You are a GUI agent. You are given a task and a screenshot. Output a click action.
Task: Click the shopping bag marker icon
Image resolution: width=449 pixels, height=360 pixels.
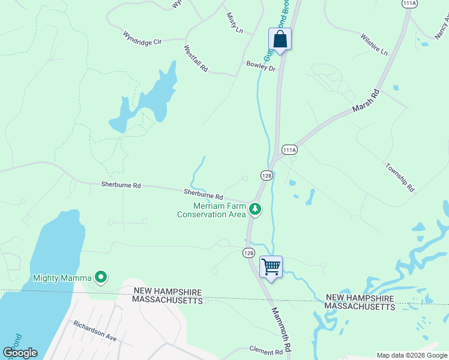280,40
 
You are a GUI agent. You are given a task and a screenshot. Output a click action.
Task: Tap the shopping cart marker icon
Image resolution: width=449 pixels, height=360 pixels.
271,266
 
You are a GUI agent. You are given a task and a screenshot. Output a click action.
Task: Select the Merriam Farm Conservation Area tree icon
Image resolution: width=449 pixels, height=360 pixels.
256,209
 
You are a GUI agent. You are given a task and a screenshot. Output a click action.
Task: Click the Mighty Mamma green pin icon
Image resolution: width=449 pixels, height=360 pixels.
101,277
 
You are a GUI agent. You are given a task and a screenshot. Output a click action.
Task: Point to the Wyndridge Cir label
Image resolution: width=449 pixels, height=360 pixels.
143,38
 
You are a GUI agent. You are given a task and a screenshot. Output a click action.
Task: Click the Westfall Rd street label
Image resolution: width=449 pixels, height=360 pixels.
196,59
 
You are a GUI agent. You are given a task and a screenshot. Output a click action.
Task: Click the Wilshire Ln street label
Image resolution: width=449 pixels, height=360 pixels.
375,44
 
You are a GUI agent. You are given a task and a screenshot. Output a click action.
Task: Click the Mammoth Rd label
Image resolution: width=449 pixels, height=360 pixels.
281,329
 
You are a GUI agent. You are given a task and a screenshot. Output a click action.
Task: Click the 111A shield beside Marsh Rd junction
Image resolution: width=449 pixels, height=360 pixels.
289,149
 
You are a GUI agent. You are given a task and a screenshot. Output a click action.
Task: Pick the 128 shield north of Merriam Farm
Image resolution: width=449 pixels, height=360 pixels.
267,175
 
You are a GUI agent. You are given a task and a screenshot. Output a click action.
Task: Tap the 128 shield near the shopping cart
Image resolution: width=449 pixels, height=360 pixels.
249,253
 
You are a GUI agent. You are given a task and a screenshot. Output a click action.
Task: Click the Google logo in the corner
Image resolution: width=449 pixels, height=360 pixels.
20,353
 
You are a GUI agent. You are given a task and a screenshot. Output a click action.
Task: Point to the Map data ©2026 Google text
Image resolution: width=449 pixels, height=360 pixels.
411,355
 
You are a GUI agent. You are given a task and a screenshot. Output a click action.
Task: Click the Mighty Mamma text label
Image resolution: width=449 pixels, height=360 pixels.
62,278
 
